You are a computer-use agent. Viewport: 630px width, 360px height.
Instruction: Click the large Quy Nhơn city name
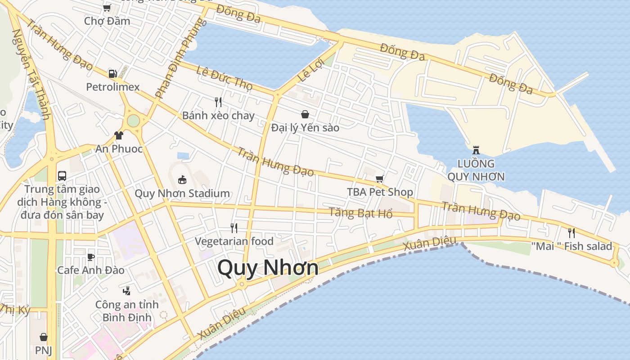[x=268, y=268]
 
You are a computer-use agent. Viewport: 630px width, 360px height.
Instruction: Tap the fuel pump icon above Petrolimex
[x=112, y=74]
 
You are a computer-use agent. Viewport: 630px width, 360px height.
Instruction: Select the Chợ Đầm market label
[x=107, y=21]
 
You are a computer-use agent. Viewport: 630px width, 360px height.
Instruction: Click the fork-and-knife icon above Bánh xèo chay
[x=218, y=102]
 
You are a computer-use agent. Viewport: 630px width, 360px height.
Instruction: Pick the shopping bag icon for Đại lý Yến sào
[x=305, y=114]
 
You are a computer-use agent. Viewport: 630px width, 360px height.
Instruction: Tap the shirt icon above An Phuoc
[x=119, y=135]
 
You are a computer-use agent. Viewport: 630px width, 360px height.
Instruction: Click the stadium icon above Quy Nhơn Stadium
[x=182, y=180]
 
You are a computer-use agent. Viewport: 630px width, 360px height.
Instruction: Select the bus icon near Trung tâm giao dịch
[x=62, y=175]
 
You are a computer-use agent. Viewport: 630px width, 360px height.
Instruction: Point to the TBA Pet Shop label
[x=380, y=192]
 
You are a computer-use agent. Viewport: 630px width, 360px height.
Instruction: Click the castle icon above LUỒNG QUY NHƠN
[x=476, y=150]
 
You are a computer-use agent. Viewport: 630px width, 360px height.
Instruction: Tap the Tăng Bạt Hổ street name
[x=360, y=212]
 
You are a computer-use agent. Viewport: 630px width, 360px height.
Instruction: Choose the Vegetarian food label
[x=234, y=242]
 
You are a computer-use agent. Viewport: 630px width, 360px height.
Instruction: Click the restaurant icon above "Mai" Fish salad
[x=571, y=233]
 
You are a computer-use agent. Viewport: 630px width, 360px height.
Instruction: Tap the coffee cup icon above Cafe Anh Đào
[x=91, y=257]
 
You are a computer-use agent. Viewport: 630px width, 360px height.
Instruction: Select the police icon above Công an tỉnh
[x=127, y=291]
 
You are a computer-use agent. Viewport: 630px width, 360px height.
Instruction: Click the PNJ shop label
[x=44, y=350]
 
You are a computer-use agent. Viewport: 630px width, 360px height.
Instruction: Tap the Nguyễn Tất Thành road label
[x=31, y=74]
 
